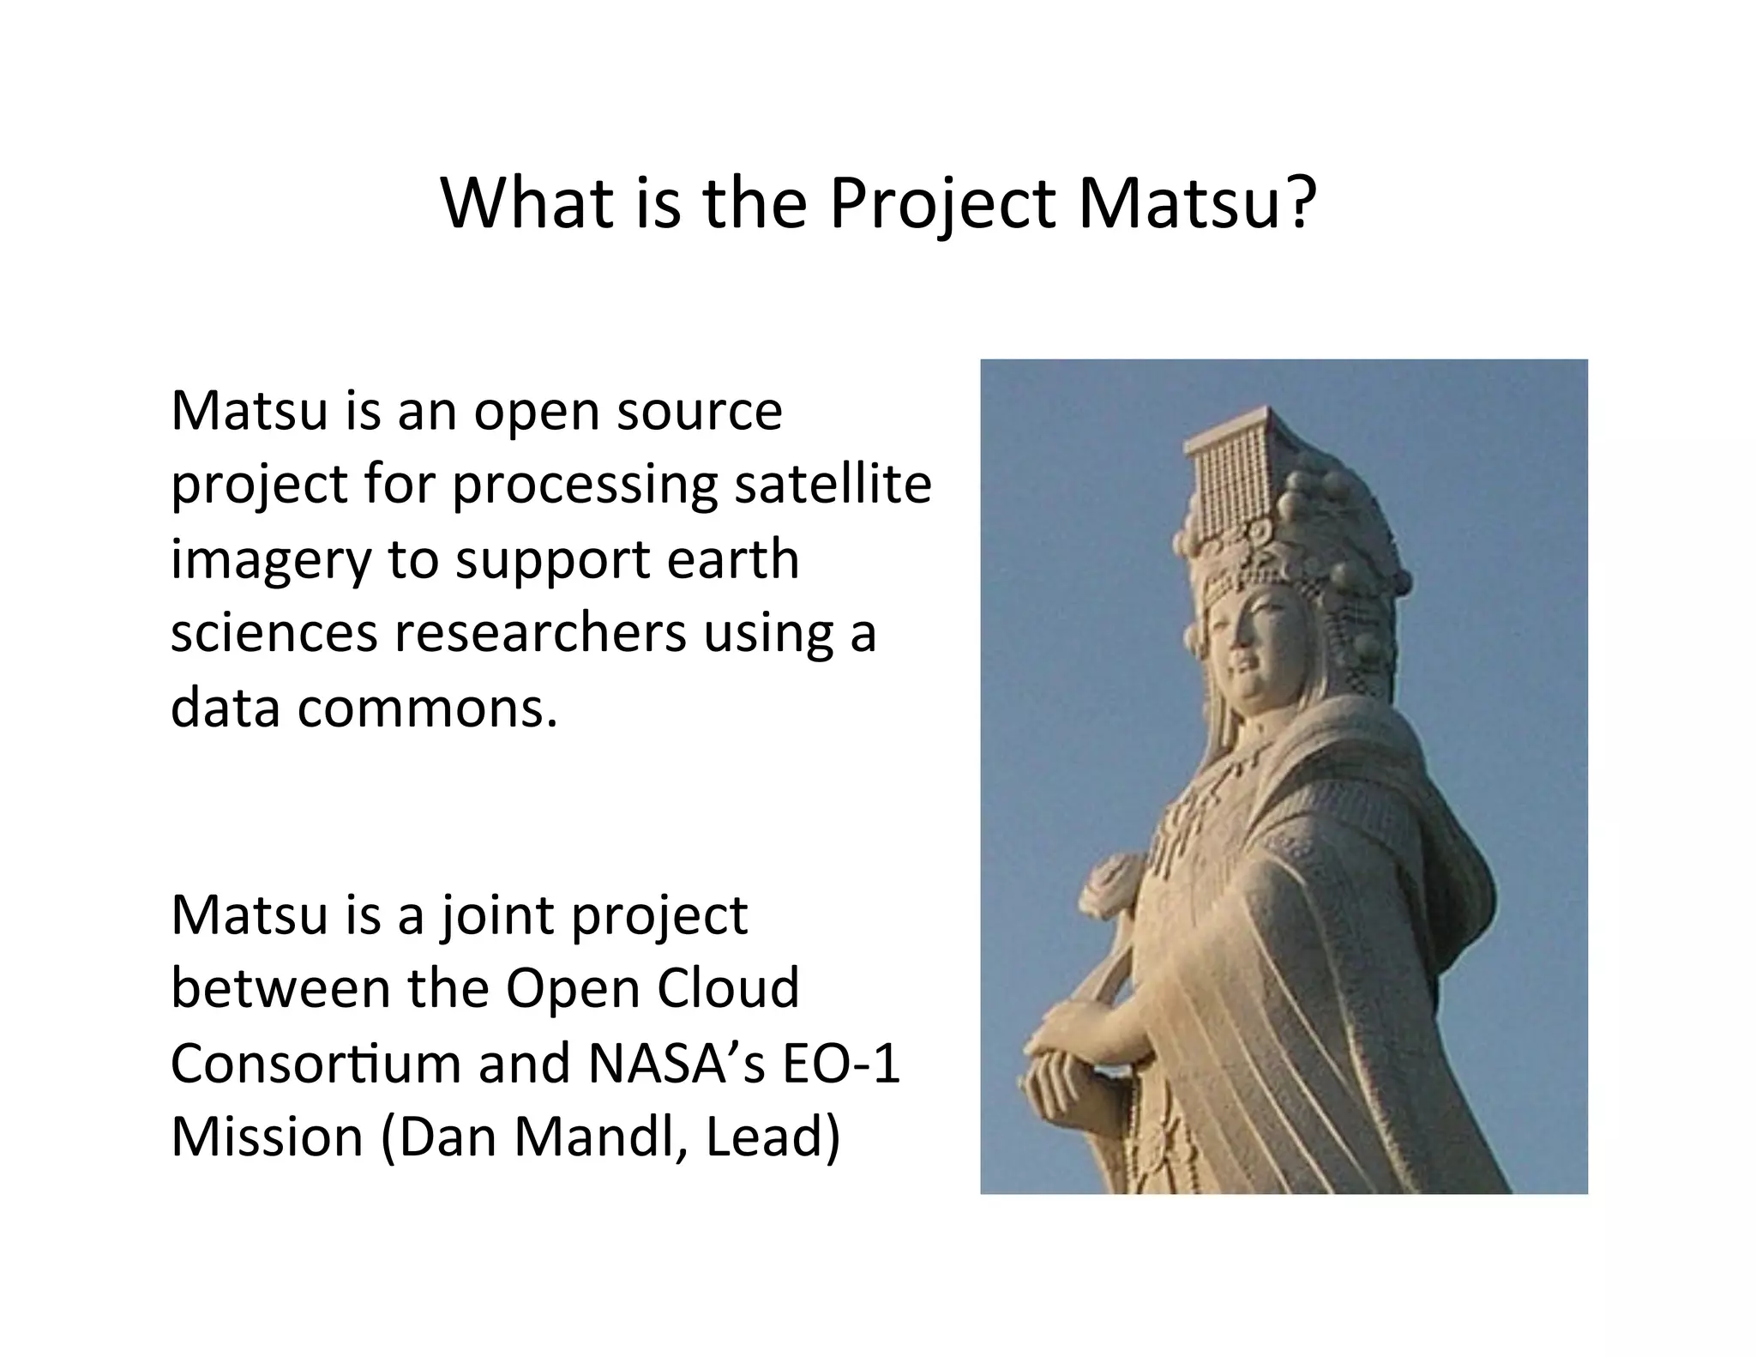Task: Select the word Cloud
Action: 729,988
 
